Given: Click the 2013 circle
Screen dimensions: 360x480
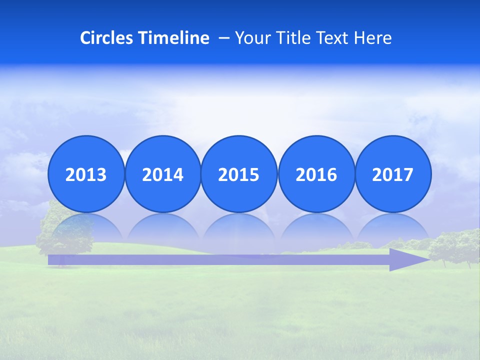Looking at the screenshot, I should click(x=86, y=174).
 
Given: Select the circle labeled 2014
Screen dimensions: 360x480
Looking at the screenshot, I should click(x=163, y=174).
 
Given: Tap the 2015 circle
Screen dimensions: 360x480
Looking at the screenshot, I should click(x=239, y=174).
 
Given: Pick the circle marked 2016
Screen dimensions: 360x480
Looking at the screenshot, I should click(x=316, y=174).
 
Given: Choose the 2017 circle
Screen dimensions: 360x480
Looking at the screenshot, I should click(x=393, y=174).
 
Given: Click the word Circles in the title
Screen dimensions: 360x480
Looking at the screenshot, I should click(x=107, y=38).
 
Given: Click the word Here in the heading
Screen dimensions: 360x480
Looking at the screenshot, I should click(x=372, y=38).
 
